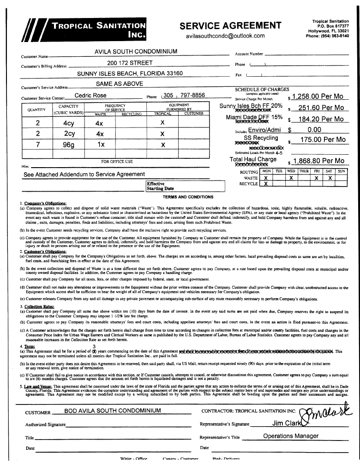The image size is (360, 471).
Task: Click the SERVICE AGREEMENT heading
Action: pyautogui.click(x=230, y=25)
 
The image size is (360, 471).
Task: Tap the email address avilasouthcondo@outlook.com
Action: pyautogui.click(x=225, y=36)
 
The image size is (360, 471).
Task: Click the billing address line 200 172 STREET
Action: pyautogui.click(x=130, y=63)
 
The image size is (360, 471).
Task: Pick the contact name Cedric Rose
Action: pyautogui.click(x=90, y=96)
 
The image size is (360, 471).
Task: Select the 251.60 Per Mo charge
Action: pyautogui.click(x=321, y=108)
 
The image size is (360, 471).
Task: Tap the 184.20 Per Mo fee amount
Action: pyautogui.click(x=321, y=119)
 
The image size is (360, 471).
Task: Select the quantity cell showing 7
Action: pyautogui.click(x=37, y=145)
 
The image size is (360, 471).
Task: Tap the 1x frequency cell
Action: pyautogui.click(x=101, y=145)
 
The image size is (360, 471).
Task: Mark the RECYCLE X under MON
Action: pyautogui.click(x=266, y=183)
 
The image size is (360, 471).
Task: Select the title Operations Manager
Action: pyautogui.click(x=291, y=436)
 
